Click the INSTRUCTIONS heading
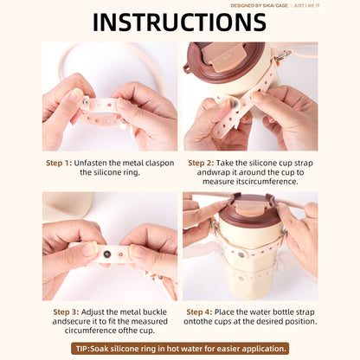(179, 22)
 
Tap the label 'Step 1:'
(59, 163)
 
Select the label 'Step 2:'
(201, 163)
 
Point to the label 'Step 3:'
(66, 312)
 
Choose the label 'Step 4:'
(199, 312)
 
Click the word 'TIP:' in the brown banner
(83, 349)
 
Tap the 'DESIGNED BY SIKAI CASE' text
(259, 5)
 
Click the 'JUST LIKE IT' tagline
(307, 5)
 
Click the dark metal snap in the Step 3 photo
(107, 254)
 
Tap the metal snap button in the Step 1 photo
(86, 100)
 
